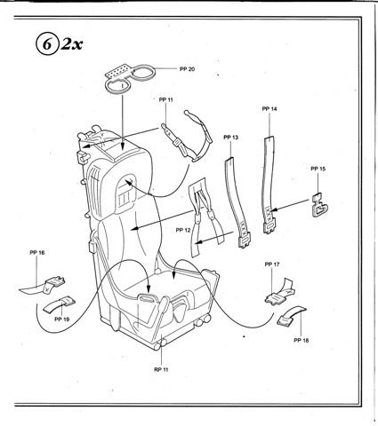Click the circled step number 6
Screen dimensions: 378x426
[46, 44]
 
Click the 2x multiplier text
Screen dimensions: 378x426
[71, 44]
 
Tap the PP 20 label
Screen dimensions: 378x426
[187, 69]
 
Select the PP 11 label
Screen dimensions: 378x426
[165, 99]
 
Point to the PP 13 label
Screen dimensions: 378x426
[230, 138]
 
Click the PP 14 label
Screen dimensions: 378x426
[269, 109]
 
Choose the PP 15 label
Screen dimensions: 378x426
[318, 169]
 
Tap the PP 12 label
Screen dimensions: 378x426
[183, 230]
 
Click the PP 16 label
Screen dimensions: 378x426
[37, 252]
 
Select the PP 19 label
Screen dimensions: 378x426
[62, 319]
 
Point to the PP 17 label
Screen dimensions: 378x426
[272, 264]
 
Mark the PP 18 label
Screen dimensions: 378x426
[302, 340]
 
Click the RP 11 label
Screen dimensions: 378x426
[161, 369]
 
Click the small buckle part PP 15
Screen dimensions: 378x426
[319, 205]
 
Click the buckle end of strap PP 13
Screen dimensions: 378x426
[245, 240]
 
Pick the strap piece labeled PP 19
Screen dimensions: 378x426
[59, 304]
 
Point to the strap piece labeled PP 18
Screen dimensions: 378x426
[292, 316]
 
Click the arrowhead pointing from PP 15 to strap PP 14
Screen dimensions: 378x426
[273, 209]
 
